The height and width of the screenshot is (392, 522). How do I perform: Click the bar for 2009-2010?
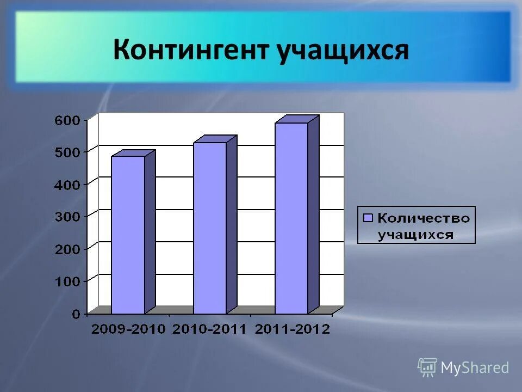point(128,234)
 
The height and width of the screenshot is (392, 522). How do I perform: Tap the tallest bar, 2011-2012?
point(291,218)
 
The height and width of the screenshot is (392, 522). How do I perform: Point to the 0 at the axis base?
point(77,314)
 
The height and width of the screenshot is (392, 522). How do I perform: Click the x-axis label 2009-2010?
point(128,329)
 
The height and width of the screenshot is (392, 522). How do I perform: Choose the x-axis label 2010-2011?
point(210,329)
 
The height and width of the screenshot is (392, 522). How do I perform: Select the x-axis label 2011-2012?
point(293,329)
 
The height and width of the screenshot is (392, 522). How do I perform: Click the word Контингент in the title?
point(191,50)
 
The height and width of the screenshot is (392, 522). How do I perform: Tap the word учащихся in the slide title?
point(343,51)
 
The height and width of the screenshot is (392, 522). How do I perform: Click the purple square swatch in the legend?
point(368,218)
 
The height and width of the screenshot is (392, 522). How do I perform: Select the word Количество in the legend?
point(423,218)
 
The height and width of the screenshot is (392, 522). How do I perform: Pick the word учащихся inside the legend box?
point(415,235)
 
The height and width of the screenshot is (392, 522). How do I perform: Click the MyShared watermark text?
point(475,368)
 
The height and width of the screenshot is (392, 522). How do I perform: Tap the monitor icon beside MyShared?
point(427,367)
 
